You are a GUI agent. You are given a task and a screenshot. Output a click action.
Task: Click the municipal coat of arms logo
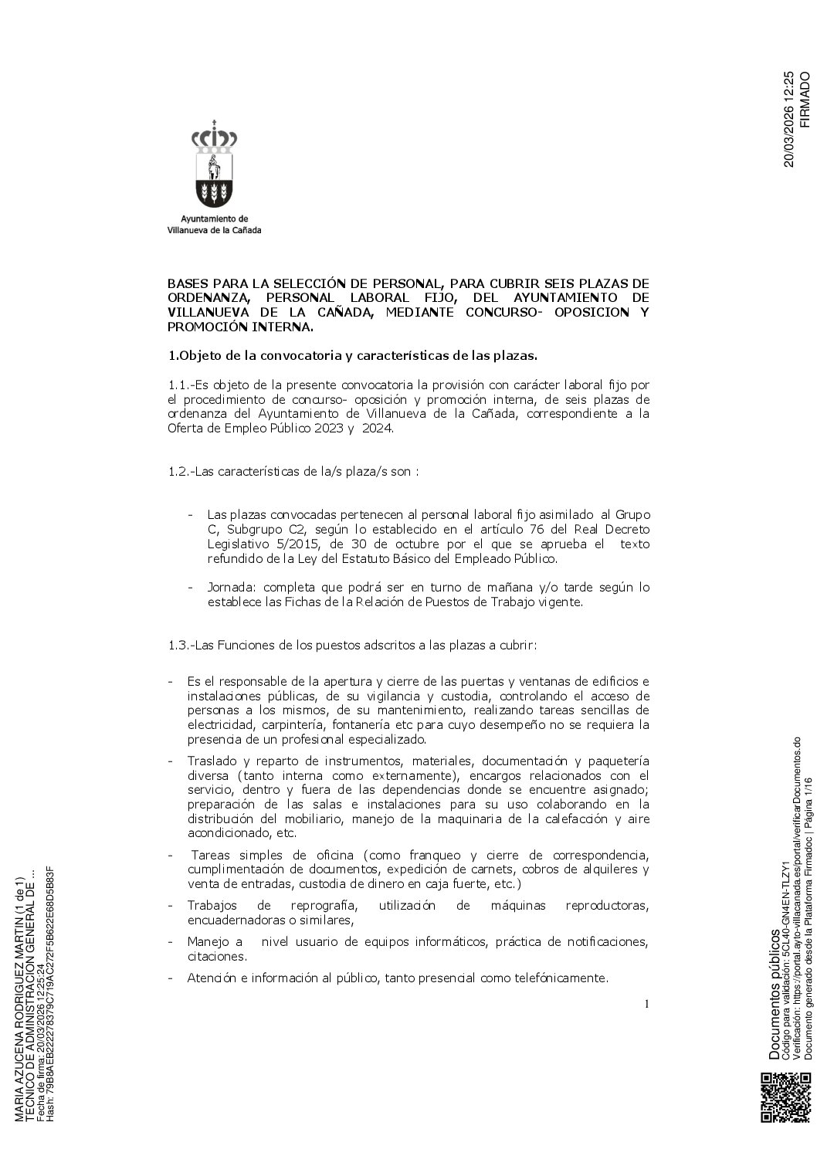click(x=214, y=164)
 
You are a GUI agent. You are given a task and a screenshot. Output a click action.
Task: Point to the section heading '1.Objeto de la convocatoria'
click(x=351, y=356)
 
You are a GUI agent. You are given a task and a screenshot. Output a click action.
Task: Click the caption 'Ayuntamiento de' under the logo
click(x=214, y=219)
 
